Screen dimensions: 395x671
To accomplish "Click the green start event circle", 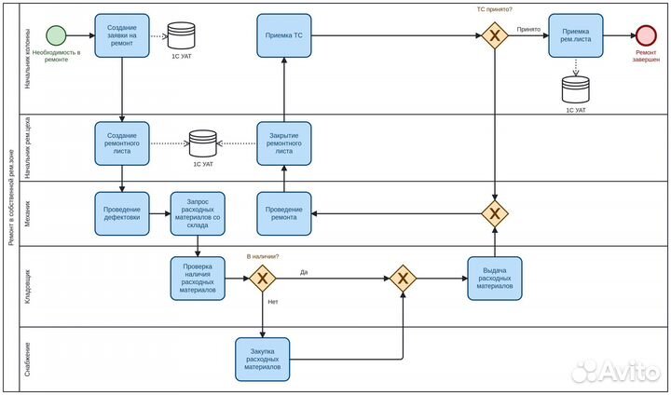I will pos(57,35).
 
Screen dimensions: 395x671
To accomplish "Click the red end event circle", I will pos(645,35).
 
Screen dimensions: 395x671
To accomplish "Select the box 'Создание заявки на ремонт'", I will pos(122,36).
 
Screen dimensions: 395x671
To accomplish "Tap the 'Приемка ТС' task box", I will pos(284,36).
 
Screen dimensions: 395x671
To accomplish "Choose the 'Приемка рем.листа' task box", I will pos(575,36).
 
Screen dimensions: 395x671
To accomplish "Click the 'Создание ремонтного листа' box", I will pos(122,143).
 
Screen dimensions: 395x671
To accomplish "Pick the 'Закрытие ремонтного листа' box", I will pos(284,143).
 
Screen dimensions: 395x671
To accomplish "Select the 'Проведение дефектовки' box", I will pos(122,213).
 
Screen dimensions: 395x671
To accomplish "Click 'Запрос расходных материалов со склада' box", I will pos(198,213).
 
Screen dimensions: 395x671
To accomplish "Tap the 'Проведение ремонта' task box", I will pos(284,213).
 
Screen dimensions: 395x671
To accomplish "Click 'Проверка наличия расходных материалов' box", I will pos(198,278).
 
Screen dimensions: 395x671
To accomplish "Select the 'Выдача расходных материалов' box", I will pos(494,278).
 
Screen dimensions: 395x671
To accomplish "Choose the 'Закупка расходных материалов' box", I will pos(262,359).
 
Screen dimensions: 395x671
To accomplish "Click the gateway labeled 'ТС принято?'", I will pos(494,36).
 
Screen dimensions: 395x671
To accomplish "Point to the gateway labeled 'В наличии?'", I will pos(262,278).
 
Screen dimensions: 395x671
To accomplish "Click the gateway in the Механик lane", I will pos(494,213).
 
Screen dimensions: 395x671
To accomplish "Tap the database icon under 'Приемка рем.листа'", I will pos(575,89).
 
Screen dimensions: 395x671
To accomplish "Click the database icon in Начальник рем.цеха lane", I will pos(202,143).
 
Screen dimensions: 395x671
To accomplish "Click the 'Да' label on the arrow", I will pos(304,272).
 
